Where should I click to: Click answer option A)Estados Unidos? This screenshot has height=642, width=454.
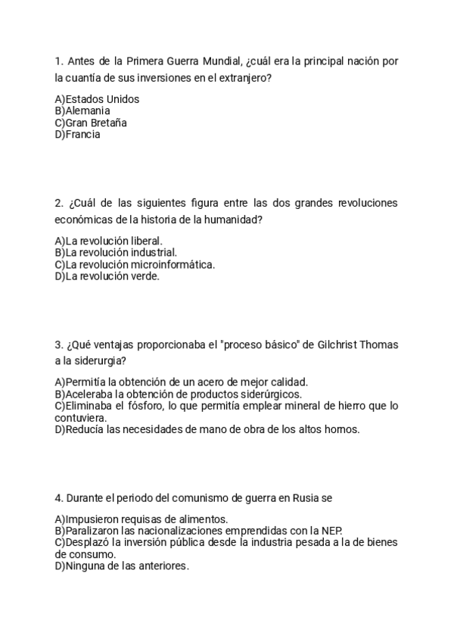pos(98,99)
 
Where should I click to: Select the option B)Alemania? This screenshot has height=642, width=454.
pos(82,111)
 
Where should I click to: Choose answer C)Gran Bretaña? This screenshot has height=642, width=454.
pos(91,123)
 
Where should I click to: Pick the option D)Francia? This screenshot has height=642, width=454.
pos(78,135)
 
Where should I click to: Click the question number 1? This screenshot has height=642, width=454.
pos(58,61)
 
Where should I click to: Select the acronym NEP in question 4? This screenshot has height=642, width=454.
pos(331,531)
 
